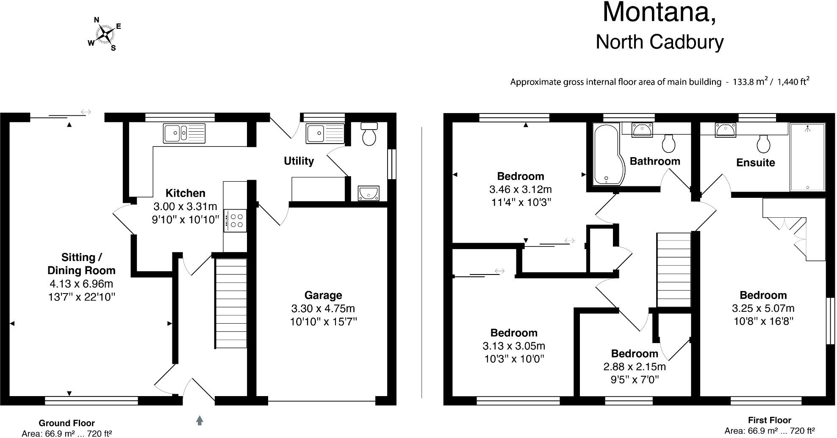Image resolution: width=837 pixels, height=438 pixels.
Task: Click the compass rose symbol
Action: point(104,34)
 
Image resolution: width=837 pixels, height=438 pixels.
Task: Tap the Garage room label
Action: point(323,295)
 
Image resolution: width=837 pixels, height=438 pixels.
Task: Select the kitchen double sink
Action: point(184,133)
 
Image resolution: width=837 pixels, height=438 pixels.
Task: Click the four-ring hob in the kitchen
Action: point(235,221)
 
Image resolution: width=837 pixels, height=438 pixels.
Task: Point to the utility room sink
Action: point(325,133)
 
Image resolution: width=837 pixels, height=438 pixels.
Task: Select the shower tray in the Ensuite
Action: point(807,157)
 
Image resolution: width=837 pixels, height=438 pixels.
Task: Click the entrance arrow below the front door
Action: point(200,420)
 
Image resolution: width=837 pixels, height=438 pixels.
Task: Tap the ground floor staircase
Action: point(231,303)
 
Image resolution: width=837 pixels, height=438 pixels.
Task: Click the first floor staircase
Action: point(673,269)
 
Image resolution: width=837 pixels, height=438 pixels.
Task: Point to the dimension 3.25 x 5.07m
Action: point(763,308)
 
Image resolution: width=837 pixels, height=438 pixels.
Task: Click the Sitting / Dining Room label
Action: point(81,263)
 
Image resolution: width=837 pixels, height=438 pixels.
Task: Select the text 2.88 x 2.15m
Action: point(634,366)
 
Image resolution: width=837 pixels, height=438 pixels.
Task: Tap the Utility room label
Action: point(299,161)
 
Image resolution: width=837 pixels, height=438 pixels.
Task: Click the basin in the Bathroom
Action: point(642,130)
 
